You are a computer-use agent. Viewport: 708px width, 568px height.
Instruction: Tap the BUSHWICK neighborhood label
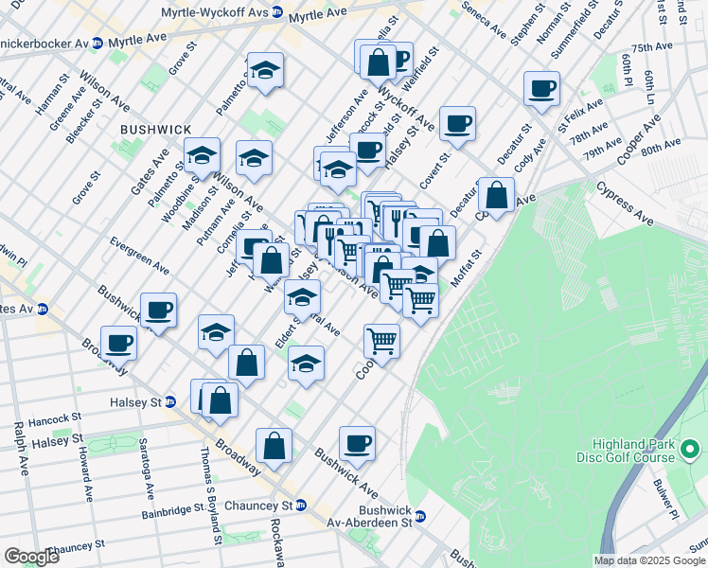156,129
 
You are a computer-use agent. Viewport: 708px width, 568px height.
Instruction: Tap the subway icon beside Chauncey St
300,506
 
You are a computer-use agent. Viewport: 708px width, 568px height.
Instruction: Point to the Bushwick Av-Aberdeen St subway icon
421,517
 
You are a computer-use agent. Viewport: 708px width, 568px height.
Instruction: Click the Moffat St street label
466,268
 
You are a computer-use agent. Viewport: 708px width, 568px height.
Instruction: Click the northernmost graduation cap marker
266,69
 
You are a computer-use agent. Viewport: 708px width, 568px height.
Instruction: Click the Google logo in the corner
31,557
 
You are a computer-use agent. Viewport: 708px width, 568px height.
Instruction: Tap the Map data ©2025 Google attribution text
650,560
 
